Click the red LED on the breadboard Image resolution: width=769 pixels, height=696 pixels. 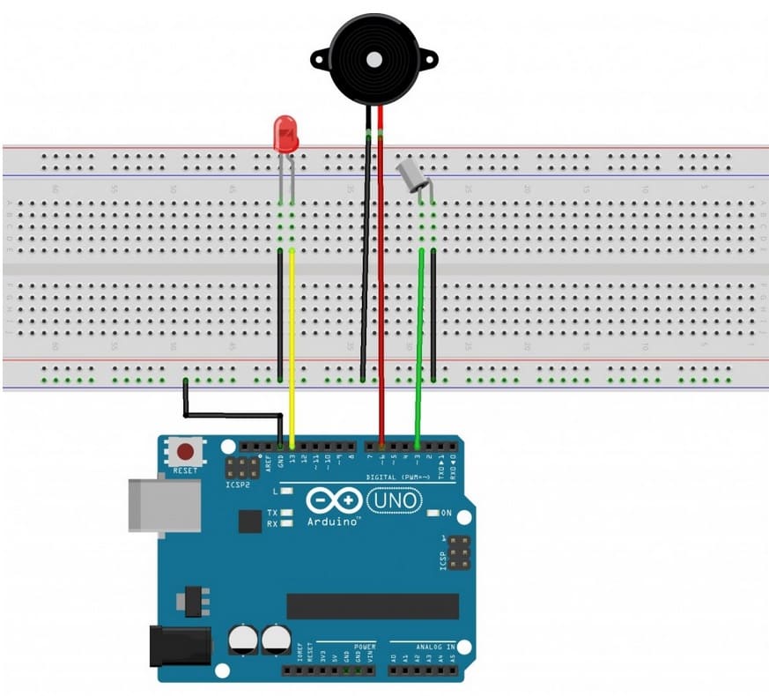tap(285, 135)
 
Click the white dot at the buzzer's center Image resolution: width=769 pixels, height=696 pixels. tap(375, 60)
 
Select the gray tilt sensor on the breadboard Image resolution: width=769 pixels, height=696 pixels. tap(411, 176)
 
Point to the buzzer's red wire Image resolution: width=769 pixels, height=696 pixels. tap(381, 264)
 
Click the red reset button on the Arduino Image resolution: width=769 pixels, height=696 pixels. tap(186, 453)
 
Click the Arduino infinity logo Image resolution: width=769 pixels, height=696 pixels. tap(332, 501)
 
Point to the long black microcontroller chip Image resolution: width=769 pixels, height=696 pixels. tap(373, 606)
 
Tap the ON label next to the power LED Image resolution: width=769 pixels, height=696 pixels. tap(446, 513)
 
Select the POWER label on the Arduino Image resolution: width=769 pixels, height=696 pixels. tap(365, 646)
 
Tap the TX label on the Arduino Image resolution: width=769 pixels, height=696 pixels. tap(273, 512)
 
